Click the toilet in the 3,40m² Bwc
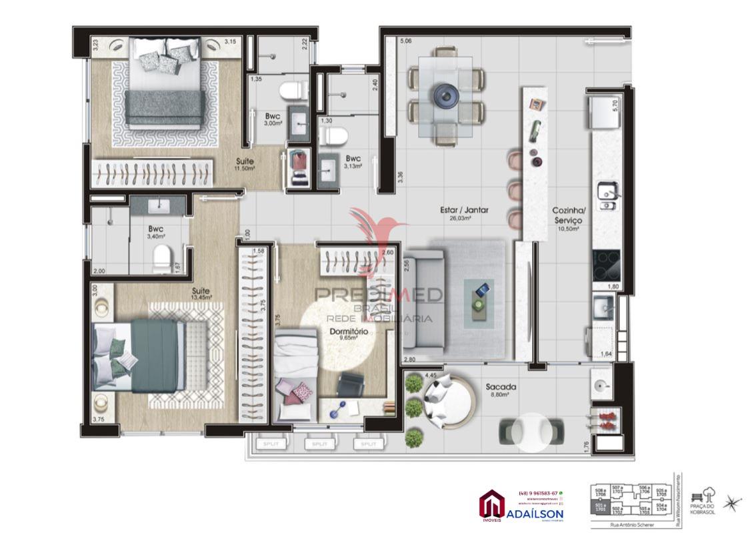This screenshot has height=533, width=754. pyautogui.click(x=161, y=259)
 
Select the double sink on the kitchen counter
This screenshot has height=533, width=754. pyautogui.click(x=606, y=195)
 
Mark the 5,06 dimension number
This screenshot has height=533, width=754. pyautogui.click(x=406, y=41)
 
